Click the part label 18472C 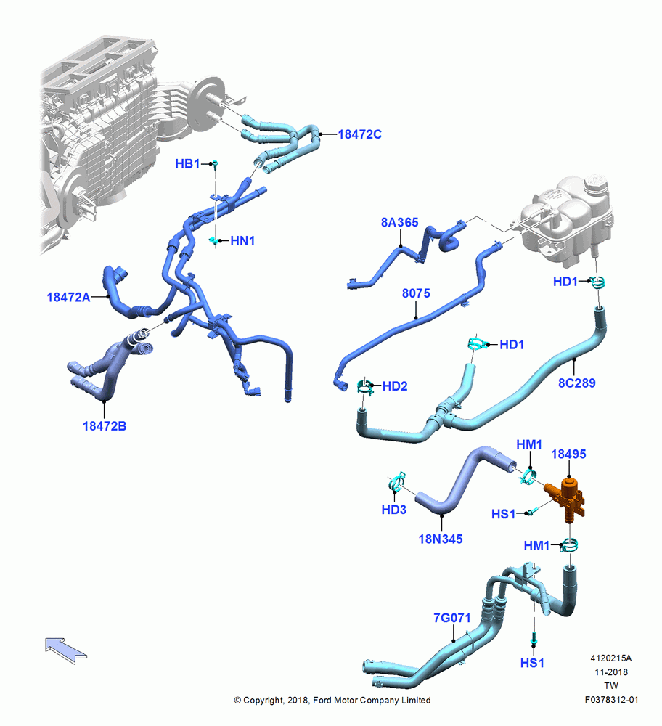360,134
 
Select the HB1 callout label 187,163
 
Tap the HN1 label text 242,241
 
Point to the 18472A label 68,297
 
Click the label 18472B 104,426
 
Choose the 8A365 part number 399,222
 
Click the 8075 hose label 416,293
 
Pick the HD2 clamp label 395,386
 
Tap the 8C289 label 577,383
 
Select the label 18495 568,454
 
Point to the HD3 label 394,510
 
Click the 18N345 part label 441,539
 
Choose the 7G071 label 451,618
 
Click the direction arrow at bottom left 66,650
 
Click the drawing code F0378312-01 611,700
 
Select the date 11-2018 611,672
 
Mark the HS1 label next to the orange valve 503,514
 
